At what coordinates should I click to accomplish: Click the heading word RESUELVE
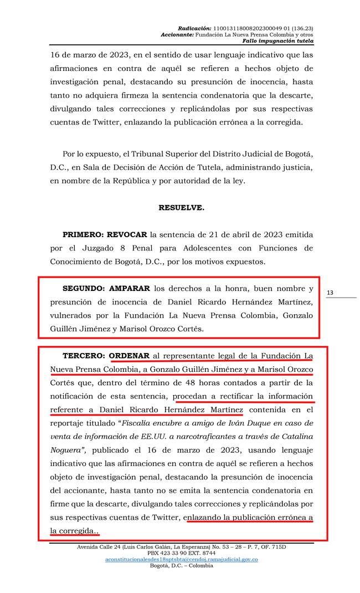pos(181,208)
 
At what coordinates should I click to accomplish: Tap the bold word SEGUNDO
pos(88,289)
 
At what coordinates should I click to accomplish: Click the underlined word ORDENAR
pos(129,355)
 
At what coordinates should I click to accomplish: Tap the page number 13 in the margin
pos(330,293)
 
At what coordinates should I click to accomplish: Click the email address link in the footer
pos(181,559)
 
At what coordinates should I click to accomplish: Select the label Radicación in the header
pos(194,28)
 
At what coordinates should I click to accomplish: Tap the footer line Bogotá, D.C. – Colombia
pos(181,566)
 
